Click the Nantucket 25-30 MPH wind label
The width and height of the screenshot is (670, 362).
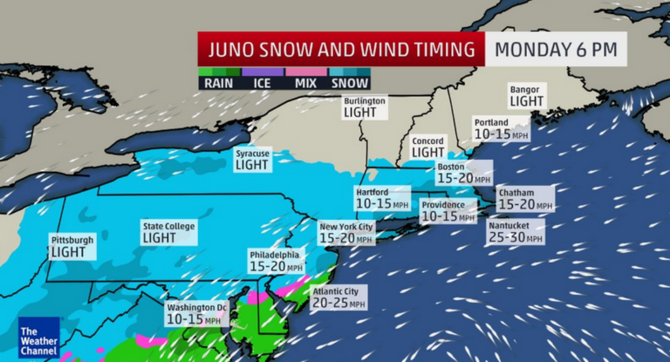(515, 231)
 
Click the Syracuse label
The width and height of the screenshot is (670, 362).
(252, 159)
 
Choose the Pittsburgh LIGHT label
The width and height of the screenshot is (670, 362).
(71, 245)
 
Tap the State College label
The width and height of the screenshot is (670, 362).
(168, 231)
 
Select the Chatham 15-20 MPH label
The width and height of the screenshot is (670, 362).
(523, 198)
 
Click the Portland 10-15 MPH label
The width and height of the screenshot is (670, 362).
(501, 129)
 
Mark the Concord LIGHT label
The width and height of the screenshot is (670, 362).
(427, 147)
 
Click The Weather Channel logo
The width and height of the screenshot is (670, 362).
(38, 337)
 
